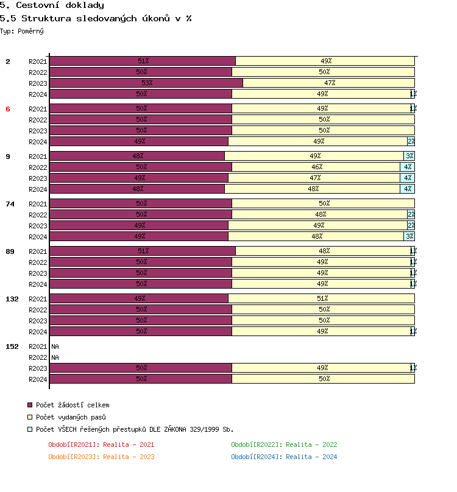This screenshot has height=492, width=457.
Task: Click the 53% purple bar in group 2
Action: pos(146,83)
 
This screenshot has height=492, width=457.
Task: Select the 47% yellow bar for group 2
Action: pos(329,83)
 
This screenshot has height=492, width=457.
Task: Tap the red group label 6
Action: pos(8,108)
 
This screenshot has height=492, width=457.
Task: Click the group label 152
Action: pos(12,346)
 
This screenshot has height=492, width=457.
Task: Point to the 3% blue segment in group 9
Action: pos(409,156)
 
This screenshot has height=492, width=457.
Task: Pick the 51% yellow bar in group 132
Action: pos(322,298)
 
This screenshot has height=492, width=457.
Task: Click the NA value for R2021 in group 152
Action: pos(55,346)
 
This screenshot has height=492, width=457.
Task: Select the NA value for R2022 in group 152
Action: pos(55,357)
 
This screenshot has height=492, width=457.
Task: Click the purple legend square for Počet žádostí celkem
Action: pos(30,405)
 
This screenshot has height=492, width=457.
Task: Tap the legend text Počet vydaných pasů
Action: pos(71,417)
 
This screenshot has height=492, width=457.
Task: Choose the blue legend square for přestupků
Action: pos(30,429)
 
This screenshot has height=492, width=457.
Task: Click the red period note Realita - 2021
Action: pos(101,445)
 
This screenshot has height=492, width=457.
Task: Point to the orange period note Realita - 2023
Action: pos(101,457)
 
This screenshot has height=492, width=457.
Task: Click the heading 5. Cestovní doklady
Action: pos(52,5)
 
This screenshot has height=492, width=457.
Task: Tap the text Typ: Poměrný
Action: pos(22,30)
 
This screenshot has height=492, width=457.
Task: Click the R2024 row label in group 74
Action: pos(38,237)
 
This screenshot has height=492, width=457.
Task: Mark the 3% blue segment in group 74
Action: pos(409,236)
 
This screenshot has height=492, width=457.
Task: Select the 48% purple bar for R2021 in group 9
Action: pos(138,156)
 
